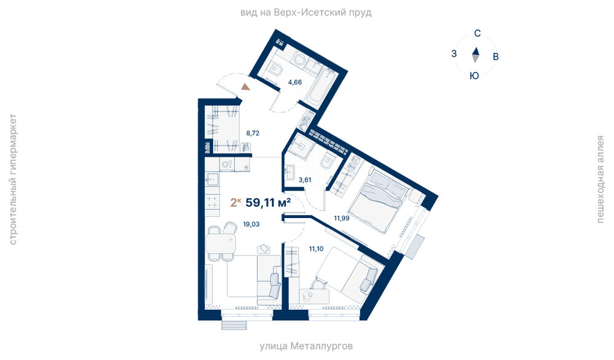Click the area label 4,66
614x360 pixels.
(295, 82)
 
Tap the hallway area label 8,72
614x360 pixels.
(253, 133)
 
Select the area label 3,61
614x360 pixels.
(305, 180)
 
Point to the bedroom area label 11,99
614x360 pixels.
(342, 218)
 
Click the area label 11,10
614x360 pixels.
(316, 248)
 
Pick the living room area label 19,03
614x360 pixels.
(251, 224)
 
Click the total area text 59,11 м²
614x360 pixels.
(268, 203)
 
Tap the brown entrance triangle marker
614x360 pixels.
(245, 87)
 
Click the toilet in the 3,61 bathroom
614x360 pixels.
(328, 161)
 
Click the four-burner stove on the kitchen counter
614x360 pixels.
(212, 201)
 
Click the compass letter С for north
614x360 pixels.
(477, 34)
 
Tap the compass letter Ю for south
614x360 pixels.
(474, 76)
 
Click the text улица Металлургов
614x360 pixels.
(306, 346)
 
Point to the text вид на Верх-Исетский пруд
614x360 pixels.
(306, 12)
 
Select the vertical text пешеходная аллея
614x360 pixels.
(600, 179)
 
